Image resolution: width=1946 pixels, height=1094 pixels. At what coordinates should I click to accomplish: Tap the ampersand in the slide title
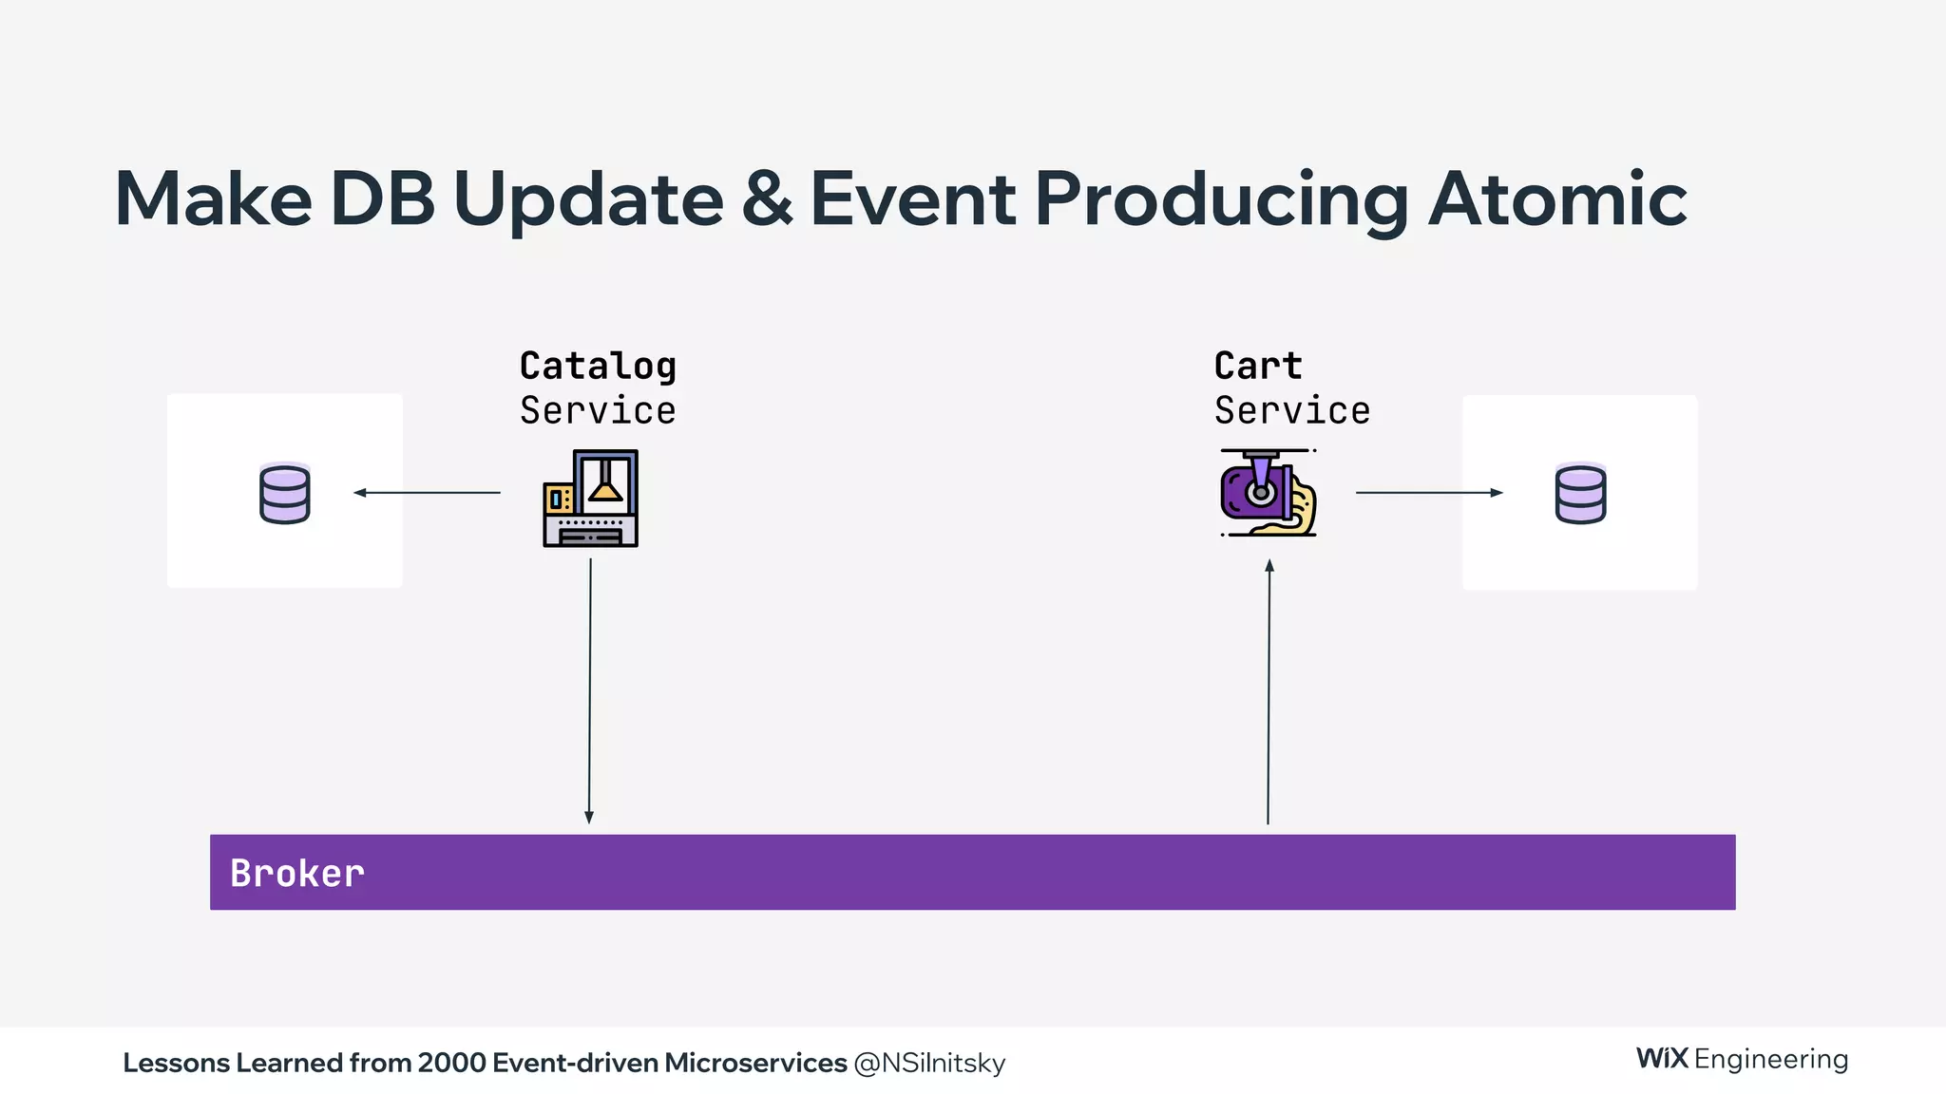point(767,199)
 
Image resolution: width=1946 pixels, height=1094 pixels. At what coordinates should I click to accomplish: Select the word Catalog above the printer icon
point(598,367)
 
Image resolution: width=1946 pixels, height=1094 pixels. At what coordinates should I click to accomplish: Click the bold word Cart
point(1257,367)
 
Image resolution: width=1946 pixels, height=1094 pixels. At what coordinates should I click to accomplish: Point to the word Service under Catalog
point(598,411)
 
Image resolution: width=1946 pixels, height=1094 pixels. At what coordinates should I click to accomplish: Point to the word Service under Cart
point(1292,411)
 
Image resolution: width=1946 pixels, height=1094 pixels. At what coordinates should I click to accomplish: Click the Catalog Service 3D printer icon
point(590,499)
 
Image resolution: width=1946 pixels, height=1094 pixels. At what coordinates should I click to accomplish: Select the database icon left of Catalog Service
point(284,493)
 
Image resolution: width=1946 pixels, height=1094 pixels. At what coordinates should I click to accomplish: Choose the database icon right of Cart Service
point(1580,493)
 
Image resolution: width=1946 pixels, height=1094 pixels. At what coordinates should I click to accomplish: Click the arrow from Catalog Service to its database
point(427,492)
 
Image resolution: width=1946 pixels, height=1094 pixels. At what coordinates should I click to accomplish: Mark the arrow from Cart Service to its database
point(1428,492)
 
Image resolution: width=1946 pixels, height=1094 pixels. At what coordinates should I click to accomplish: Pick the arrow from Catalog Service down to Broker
point(589,690)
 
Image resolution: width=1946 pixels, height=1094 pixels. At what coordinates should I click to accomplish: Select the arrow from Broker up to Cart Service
point(1269,690)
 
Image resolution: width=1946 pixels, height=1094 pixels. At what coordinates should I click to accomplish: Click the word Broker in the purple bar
point(297,874)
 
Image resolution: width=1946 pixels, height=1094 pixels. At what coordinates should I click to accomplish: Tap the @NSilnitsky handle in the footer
point(929,1064)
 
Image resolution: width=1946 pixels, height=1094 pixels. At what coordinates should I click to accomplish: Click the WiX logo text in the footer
point(1661,1059)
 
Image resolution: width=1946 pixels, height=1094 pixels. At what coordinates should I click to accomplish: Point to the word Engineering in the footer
point(1771,1060)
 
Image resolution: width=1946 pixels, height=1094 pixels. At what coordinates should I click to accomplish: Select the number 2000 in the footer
point(451,1064)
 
